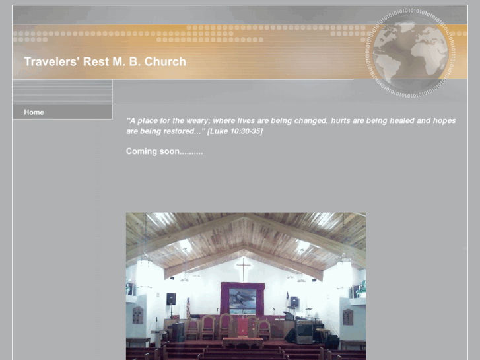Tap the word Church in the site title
point(165,62)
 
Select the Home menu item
point(34,112)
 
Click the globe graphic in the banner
point(411,52)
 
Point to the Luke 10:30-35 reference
point(235,131)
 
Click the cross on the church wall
point(244,268)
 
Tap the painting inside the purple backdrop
point(242,299)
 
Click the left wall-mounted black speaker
point(171,299)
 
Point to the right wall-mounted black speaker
point(294,301)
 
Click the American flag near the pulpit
point(188,308)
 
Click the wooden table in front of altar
point(242,342)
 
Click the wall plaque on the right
point(347,317)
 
